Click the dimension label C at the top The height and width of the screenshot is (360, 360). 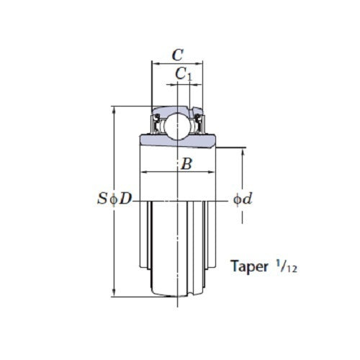pos(178,54)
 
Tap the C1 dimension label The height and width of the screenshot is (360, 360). pos(184,73)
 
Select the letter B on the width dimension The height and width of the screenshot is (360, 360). pos(185,164)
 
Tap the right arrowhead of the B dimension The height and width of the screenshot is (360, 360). pos(214,173)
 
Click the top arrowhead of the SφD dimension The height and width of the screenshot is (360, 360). pos(114,110)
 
